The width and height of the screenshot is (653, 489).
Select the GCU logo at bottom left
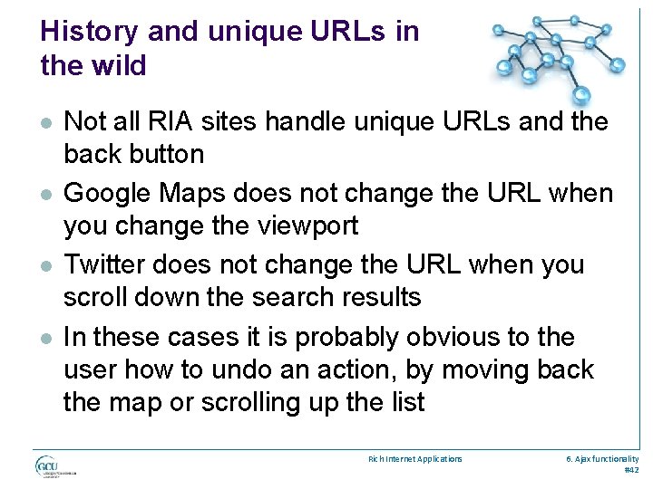(x=57, y=466)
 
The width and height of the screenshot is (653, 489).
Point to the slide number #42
(x=631, y=470)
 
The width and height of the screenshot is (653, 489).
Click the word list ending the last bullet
(x=405, y=402)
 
